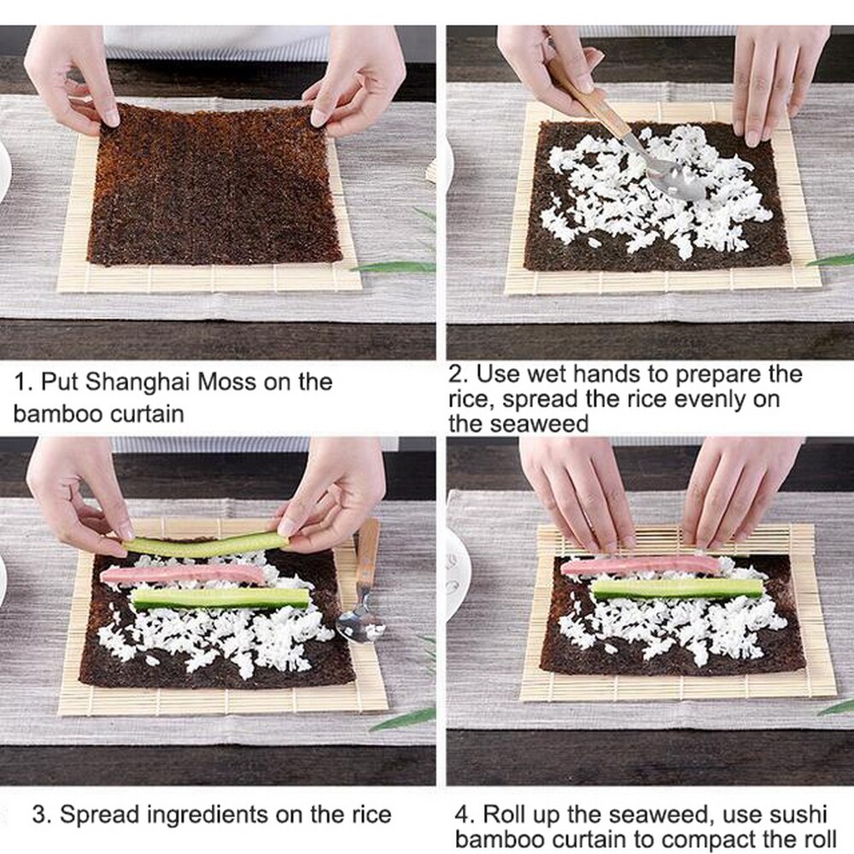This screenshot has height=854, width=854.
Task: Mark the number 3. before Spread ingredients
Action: point(42,814)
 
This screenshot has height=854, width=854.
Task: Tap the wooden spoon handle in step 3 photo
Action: point(367,555)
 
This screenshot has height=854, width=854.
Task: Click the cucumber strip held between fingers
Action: point(205,545)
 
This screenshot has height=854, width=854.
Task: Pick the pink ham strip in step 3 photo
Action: point(184,575)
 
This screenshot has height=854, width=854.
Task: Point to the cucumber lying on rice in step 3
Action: point(220,598)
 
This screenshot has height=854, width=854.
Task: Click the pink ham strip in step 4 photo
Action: point(640,565)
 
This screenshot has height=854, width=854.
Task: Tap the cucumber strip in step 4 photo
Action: point(677,588)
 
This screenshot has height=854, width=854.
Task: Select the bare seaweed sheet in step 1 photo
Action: point(213,188)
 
